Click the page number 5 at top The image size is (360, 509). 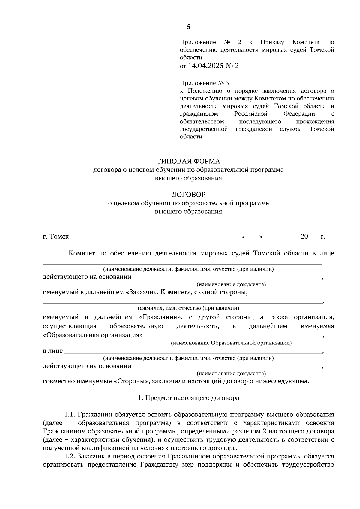[188, 27]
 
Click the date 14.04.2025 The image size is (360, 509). [206, 66]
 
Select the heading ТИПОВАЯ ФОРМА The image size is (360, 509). [188, 161]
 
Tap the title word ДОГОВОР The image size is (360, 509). [188, 195]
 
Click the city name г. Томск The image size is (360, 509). [56, 237]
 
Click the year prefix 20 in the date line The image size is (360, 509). [304, 237]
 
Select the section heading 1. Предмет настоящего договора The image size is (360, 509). [188, 398]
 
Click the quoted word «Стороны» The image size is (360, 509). [131, 381]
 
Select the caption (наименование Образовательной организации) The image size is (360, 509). [231, 343]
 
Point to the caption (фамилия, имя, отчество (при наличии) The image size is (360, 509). [188, 308]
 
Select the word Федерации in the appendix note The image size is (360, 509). [299, 114]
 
